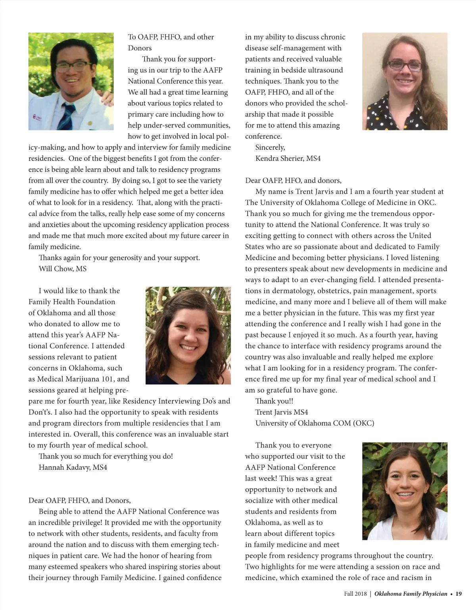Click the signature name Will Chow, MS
tap(62, 269)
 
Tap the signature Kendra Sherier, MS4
tap(288, 158)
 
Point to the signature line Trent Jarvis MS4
tap(282, 412)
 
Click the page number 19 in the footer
tap(459, 594)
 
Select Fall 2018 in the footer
tap(355, 594)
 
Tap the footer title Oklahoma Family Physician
tap(411, 594)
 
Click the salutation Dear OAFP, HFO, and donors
tap(293, 181)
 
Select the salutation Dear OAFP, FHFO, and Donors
tap(79, 500)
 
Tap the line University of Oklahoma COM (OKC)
tap(315, 423)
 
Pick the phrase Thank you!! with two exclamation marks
tap(274, 401)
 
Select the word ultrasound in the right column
tap(324, 70)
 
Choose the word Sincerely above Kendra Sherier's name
tap(270, 147)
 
